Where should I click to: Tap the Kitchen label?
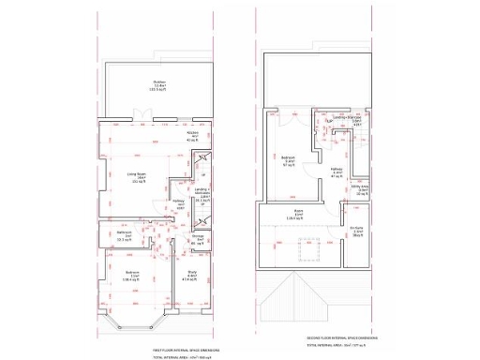click(x=192, y=137)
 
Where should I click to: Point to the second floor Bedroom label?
click(x=289, y=160)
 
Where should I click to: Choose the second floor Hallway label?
click(x=337, y=172)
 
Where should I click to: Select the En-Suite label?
click(x=357, y=231)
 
